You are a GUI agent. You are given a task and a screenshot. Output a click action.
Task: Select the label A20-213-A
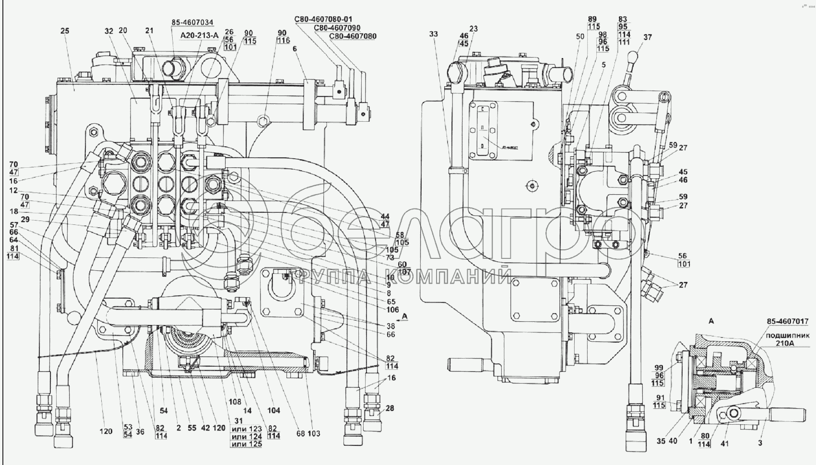point(199,35)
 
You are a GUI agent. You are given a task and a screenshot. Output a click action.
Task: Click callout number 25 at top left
point(65,31)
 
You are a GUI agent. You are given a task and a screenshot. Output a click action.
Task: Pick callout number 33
point(434,34)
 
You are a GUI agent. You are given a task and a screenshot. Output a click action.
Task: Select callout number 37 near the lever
point(648,37)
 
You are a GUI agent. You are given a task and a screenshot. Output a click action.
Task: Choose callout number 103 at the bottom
point(314,434)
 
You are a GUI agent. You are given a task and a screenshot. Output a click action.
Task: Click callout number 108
point(235,402)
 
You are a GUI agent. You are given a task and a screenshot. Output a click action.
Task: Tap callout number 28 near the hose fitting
point(390,408)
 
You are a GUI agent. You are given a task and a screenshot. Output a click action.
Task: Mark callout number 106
point(392,310)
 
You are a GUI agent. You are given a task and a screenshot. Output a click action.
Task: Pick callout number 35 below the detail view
point(661,442)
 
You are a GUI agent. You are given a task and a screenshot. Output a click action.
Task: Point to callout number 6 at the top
point(295,49)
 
